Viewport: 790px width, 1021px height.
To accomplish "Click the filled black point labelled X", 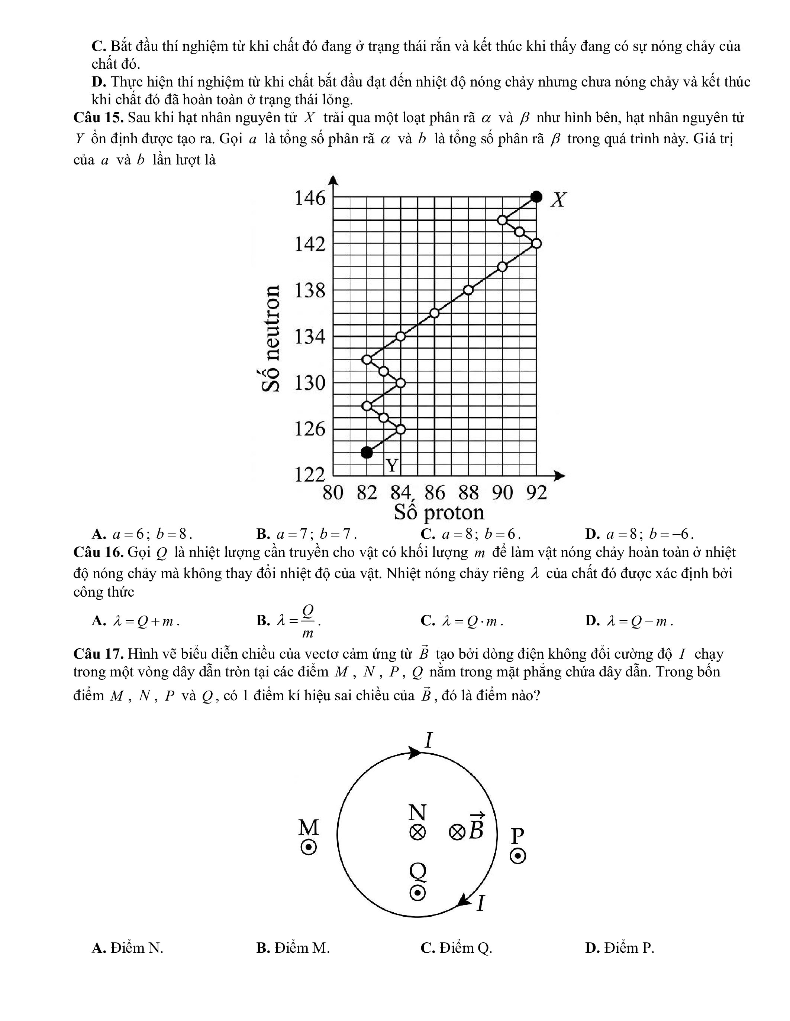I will pyautogui.click(x=536, y=197).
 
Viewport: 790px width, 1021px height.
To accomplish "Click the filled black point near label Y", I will pyautogui.click(x=367, y=452).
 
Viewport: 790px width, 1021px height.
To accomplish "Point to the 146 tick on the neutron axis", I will pyautogui.click(x=309, y=198).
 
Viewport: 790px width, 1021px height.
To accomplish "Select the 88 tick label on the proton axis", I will pyautogui.click(x=468, y=493).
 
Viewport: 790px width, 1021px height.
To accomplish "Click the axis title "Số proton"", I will pyautogui.click(x=439, y=512).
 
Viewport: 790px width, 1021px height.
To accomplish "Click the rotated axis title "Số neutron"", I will pyautogui.click(x=271, y=339).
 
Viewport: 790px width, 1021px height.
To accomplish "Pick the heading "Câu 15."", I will pyautogui.click(x=98, y=117).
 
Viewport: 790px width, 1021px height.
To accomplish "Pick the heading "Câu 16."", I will pyautogui.click(x=98, y=552).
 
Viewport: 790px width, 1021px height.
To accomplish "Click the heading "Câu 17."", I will pyautogui.click(x=98, y=653).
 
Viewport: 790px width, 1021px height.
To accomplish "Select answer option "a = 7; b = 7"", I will pyautogui.click(x=307, y=534).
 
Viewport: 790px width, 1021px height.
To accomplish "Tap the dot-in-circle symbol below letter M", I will pyautogui.click(x=309, y=848).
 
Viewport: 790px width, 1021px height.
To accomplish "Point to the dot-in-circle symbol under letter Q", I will pyautogui.click(x=417, y=893).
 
